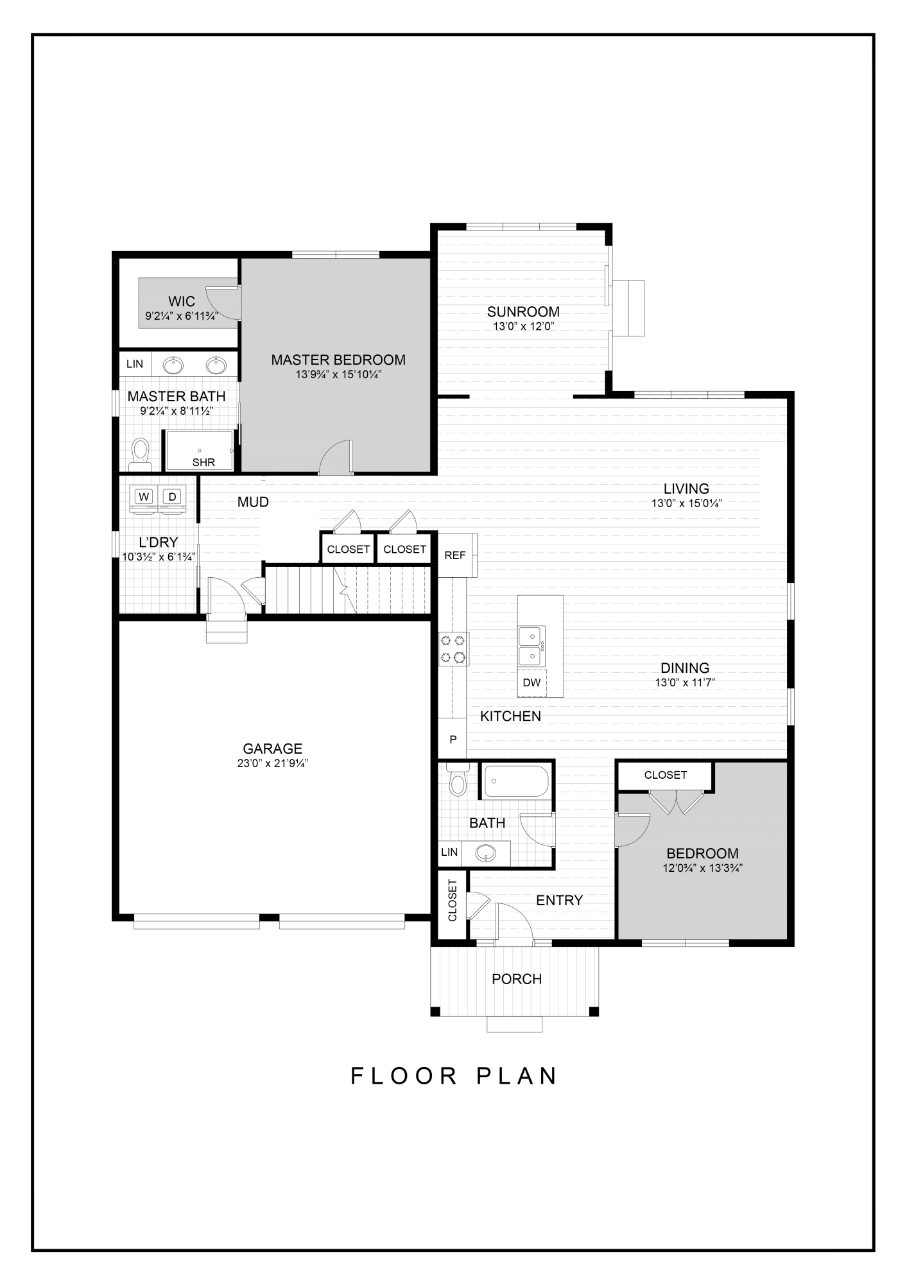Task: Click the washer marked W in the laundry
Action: coord(144,497)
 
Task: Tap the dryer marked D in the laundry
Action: coord(172,497)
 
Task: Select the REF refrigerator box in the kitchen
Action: coord(454,555)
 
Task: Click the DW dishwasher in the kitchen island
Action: coord(531,682)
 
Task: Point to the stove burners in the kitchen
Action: coord(453,649)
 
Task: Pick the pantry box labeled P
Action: coord(453,740)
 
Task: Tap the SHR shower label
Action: coord(203,462)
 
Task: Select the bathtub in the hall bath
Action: coord(516,781)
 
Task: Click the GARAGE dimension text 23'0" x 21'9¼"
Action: coord(272,763)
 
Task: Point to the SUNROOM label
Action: coord(523,312)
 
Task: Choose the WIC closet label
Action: coord(182,302)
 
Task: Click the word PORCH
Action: coord(517,979)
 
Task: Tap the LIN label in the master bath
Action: coord(135,364)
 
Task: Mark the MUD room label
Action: coord(253,502)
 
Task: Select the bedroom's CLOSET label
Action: coord(666,775)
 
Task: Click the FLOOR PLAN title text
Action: coord(454,1076)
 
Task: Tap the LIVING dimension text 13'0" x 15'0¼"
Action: coord(686,504)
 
